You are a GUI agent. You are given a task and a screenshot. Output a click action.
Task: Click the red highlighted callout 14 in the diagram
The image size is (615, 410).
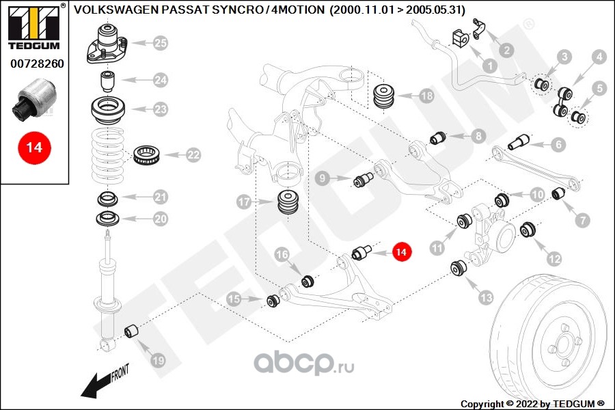[402, 253]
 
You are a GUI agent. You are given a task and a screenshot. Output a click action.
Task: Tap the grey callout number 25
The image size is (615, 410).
[160, 44]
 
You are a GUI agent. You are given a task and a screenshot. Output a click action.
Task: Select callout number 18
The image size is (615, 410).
[426, 96]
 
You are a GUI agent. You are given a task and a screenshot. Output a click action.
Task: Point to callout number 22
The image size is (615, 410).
[193, 155]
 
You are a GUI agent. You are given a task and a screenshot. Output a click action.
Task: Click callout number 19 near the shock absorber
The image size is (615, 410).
[157, 359]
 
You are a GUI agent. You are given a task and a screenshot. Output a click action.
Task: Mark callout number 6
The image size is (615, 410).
[558, 145]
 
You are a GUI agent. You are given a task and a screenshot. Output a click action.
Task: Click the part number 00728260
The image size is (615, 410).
[36, 64]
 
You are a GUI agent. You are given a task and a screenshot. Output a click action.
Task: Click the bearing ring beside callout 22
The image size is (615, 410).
[146, 154]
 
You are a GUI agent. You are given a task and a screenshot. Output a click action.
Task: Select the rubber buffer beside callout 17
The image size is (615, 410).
[288, 202]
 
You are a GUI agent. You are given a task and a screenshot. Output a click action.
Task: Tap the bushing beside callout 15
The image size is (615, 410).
[273, 299]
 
